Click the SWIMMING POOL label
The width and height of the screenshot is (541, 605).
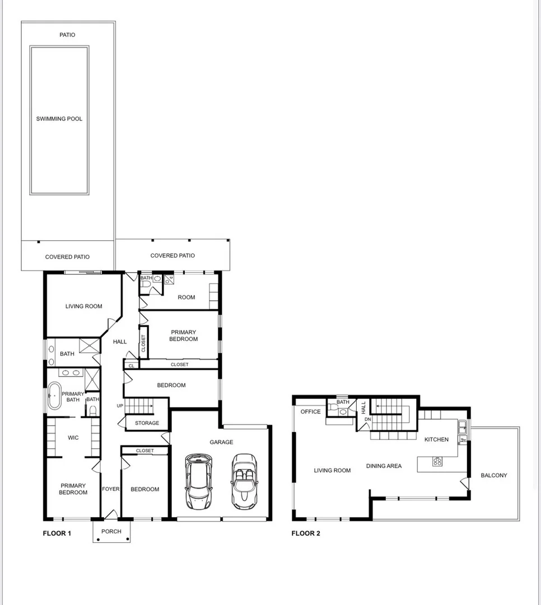tap(59, 119)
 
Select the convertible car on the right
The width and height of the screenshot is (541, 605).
tap(244, 481)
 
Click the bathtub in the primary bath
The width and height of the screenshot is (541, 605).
tap(54, 397)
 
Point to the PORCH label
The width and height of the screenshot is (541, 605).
tap(111, 531)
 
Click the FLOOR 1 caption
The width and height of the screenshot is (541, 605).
tap(57, 533)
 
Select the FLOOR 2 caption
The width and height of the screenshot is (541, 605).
tap(306, 533)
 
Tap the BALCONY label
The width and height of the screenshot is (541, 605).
tap(493, 475)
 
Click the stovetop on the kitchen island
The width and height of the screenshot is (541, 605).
tap(437, 462)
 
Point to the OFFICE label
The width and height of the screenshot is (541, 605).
tap(310, 412)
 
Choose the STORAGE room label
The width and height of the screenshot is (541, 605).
tap(147, 423)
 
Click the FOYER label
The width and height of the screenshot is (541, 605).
tap(110, 489)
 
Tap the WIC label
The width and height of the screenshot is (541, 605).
tap(73, 438)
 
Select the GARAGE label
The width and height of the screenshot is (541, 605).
tap(221, 442)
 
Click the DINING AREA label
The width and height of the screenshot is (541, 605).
tap(384, 466)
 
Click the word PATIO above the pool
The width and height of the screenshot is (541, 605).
tap(67, 35)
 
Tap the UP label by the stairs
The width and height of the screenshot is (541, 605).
tap(119, 406)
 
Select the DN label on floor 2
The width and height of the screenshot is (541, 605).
tap(367, 419)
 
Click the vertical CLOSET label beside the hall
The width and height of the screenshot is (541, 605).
tap(143, 343)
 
